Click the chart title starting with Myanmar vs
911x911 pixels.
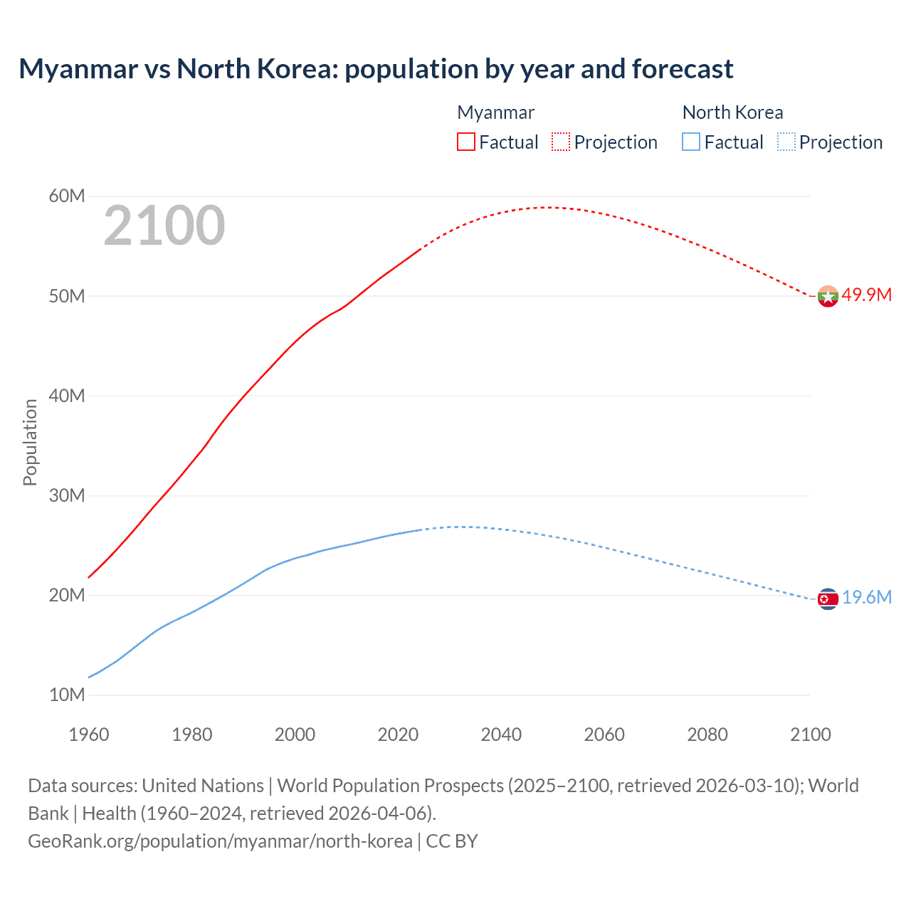376,69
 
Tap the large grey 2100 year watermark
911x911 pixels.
164,226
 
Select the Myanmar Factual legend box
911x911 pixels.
465,142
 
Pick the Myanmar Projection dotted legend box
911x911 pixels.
561,142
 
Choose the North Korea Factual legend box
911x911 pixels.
691,142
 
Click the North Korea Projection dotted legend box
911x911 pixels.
786,142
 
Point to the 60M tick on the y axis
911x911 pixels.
67,196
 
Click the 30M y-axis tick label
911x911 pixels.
67,495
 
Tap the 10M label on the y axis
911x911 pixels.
67,695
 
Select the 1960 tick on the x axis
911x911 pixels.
89,734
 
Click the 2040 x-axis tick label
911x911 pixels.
501,734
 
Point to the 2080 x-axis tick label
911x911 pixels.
707,734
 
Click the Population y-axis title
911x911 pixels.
30,442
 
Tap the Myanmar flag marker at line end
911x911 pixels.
828,296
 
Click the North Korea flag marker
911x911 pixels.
828,599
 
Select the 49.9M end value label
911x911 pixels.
867,295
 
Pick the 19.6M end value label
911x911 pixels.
867,597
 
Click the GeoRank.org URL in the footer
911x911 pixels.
220,841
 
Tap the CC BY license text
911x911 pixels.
452,841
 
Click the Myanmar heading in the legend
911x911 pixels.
495,112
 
